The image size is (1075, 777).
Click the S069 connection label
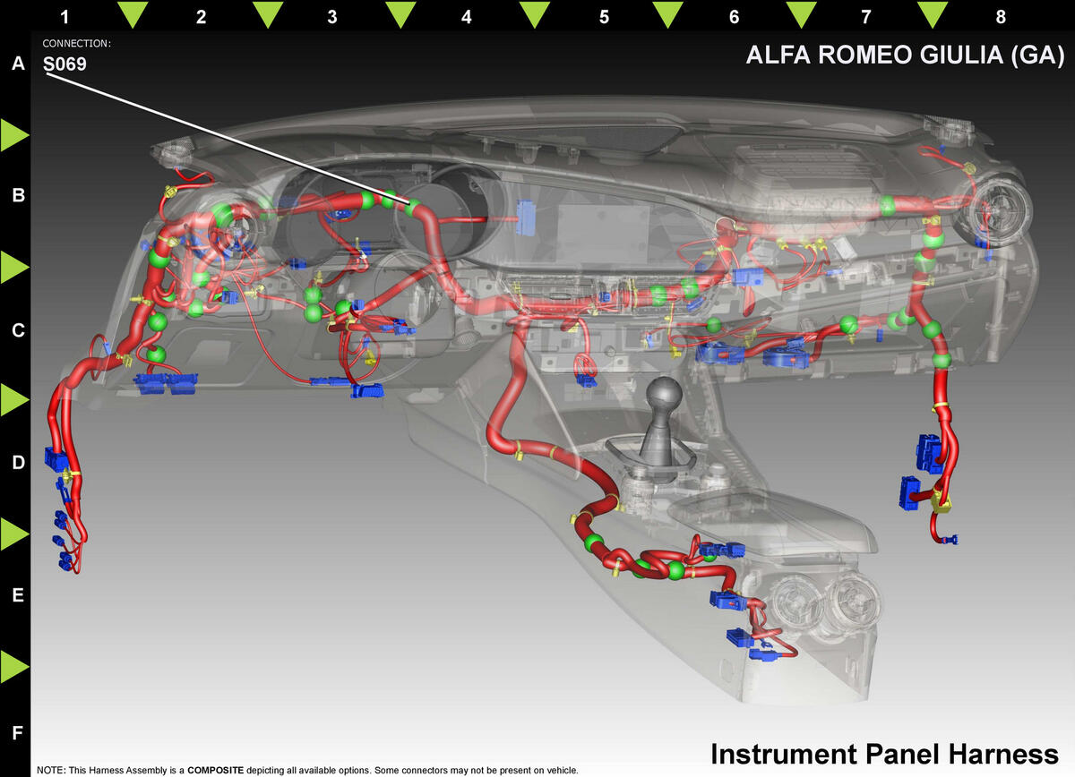coord(64,64)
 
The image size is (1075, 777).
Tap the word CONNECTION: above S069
coord(77,43)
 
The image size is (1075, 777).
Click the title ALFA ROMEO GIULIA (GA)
coord(905,55)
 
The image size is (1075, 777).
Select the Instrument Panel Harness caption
coord(884,754)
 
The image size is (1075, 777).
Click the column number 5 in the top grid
coord(604,17)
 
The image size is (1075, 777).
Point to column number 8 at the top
coord(1001,17)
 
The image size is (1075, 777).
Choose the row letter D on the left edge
coord(18,463)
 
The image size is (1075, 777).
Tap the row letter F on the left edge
coord(17,733)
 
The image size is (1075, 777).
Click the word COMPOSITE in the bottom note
coord(216,770)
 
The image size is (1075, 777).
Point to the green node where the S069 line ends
coord(413,207)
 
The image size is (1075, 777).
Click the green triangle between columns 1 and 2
coord(133,14)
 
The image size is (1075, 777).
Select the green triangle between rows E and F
coord(14,666)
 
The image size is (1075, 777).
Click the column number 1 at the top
coord(64,17)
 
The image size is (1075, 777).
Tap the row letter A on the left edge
coord(18,64)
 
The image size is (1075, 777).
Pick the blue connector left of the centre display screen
coord(525,218)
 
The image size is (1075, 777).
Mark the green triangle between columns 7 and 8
coord(933,14)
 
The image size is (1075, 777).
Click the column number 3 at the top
coord(332,17)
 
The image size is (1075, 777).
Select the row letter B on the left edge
coord(18,195)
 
